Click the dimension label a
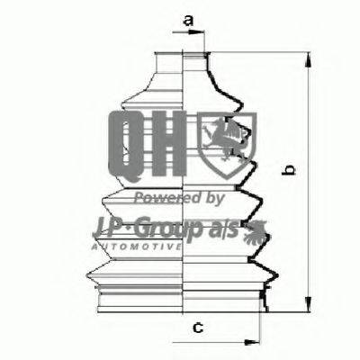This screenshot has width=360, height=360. pyautogui.click(x=188, y=21)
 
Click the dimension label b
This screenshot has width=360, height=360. pyautogui.click(x=289, y=169)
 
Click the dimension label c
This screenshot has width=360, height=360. pyautogui.click(x=198, y=327)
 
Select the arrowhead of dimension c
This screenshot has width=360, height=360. pyautogui.click(x=252, y=342)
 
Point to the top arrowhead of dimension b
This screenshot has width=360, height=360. pyautogui.click(x=308, y=60)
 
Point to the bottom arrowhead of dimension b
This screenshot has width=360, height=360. pyautogui.click(x=308, y=304)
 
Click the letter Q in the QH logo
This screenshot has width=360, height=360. pyautogui.click(x=126, y=146)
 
